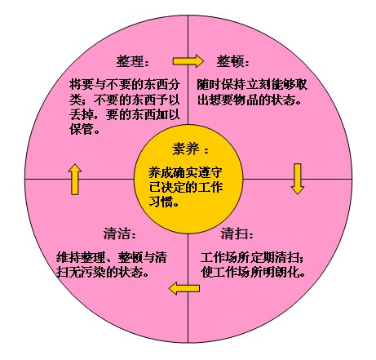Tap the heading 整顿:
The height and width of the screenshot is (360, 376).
(232, 61)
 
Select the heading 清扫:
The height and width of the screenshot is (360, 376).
(237, 233)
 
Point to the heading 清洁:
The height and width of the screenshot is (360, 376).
(119, 233)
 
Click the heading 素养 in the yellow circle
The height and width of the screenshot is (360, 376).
(190, 149)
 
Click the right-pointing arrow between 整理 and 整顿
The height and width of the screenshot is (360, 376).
(188, 61)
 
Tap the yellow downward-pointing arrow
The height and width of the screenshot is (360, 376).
(298, 179)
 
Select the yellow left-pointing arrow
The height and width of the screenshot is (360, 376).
(184, 288)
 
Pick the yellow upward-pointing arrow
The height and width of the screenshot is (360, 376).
(75, 180)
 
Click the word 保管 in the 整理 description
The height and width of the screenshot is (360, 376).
(82, 129)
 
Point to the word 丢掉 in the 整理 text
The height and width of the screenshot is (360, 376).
(82, 114)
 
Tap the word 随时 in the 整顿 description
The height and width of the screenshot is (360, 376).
(209, 85)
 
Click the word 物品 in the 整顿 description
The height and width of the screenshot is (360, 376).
(246, 100)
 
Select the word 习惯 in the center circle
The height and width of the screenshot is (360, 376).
(161, 202)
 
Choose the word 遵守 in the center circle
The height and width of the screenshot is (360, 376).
(210, 172)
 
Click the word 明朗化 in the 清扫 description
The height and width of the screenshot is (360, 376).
(280, 272)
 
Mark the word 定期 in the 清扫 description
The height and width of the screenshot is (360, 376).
(262, 257)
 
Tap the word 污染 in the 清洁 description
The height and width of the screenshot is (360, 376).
(93, 272)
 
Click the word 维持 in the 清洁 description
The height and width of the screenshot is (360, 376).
(69, 257)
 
